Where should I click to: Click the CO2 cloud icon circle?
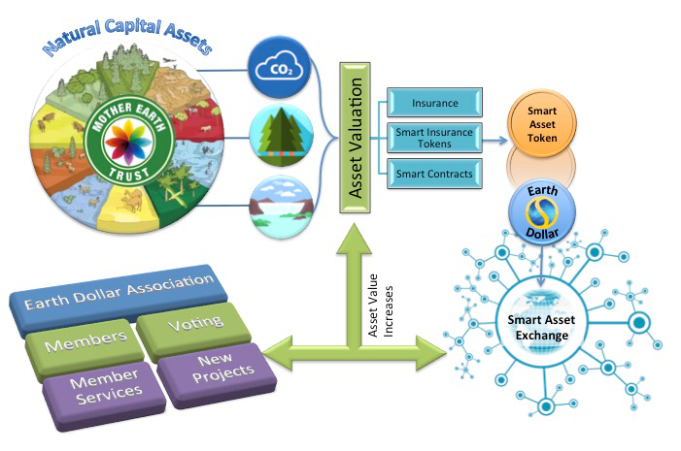tap(281, 69)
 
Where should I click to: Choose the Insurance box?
tap(436, 102)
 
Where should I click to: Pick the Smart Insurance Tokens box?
tap(436, 137)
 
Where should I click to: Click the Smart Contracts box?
tap(436, 174)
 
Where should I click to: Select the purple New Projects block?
tap(209, 370)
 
